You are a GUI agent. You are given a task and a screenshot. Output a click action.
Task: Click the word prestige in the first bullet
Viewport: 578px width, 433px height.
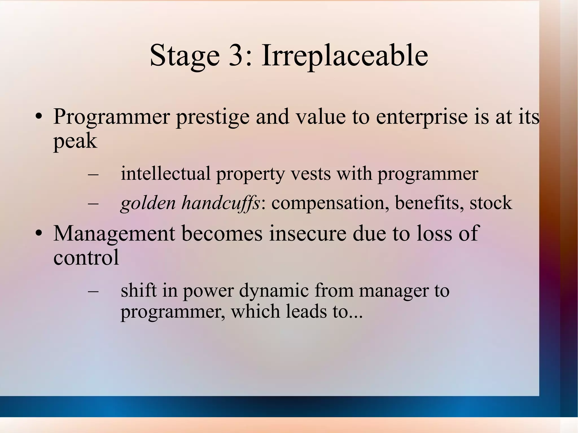point(213,117)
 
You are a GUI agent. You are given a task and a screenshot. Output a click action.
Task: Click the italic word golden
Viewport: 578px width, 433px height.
point(148,203)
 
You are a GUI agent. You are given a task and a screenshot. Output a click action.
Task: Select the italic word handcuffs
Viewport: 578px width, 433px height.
point(220,203)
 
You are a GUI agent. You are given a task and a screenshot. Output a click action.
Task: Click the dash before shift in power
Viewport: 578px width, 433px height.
point(93,291)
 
